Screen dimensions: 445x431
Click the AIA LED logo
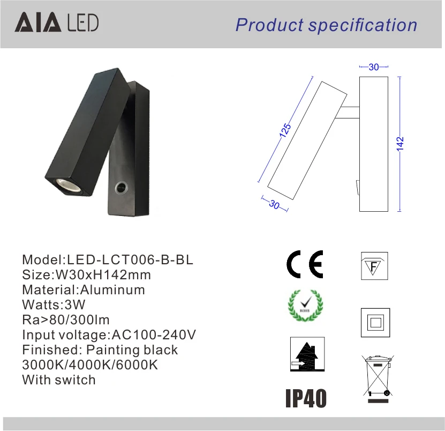pos(57,22)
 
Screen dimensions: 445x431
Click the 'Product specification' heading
pos(326,25)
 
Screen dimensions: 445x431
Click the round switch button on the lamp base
pos(121,188)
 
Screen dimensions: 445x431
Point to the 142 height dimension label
pos(400,144)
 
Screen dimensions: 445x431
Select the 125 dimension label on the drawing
pos(285,130)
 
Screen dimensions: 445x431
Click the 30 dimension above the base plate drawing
pos(374,67)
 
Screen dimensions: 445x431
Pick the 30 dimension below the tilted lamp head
pos(274,204)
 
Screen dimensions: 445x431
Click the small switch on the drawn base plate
pos(358,188)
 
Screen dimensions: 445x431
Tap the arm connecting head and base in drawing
pos(348,113)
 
